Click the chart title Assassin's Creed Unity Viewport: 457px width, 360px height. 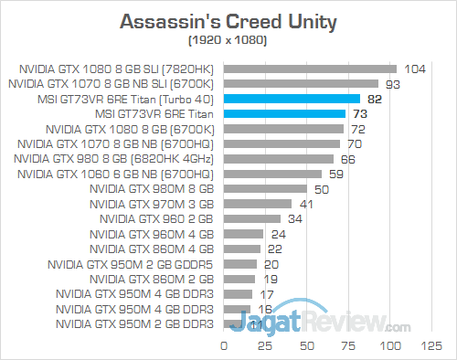[x=228, y=20]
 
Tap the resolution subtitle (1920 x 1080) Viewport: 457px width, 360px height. [x=228, y=41]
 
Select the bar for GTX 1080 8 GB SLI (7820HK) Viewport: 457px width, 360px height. [x=310, y=69]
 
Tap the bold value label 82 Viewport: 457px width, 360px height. [x=375, y=99]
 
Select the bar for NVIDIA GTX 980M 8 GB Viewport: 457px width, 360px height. [x=265, y=188]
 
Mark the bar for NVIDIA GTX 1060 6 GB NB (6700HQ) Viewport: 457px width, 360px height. [x=272, y=174]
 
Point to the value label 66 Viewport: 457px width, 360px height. [x=348, y=158]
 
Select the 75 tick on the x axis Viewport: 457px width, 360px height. [x=350, y=346]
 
